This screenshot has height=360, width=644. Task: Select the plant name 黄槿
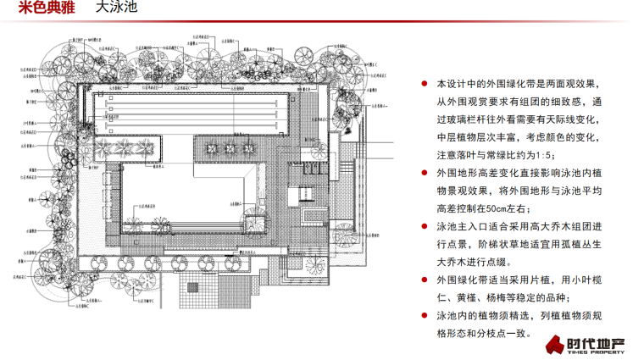[x=473, y=297]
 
